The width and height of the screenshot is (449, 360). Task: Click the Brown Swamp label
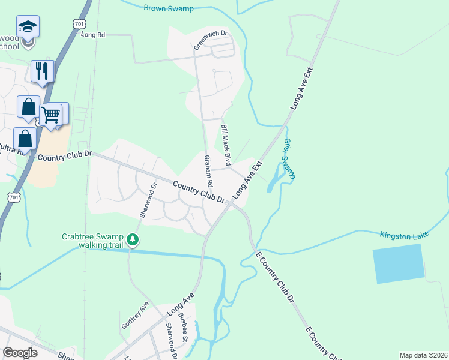pos(170,8)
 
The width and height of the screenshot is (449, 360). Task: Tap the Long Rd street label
pos(93,35)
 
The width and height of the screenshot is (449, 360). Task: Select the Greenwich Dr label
pos(211,40)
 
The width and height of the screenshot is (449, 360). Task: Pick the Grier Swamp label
pos(289,158)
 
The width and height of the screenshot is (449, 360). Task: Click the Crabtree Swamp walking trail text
pos(92,241)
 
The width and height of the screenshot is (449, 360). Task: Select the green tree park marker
pos(133,241)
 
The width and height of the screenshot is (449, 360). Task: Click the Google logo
pos(20,353)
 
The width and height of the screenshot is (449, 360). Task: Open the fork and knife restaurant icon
pos(42,71)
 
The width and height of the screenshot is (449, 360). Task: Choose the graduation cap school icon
pos(28,26)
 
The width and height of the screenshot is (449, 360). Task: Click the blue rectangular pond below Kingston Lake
pos(399,263)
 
